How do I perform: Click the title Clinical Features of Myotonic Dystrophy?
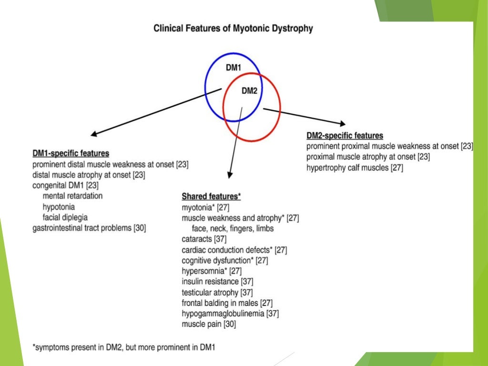click(x=233, y=29)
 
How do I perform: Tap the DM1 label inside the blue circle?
click(x=234, y=68)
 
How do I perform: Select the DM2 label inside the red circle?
click(x=249, y=91)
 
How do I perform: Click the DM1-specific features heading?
click(x=71, y=153)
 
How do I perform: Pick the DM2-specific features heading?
click(x=345, y=136)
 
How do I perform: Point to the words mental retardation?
click(x=72, y=196)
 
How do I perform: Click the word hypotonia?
click(x=59, y=207)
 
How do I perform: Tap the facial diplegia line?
click(x=65, y=217)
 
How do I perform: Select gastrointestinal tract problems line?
click(x=89, y=228)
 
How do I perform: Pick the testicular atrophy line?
click(x=211, y=292)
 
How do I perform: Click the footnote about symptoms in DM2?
click(x=124, y=347)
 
